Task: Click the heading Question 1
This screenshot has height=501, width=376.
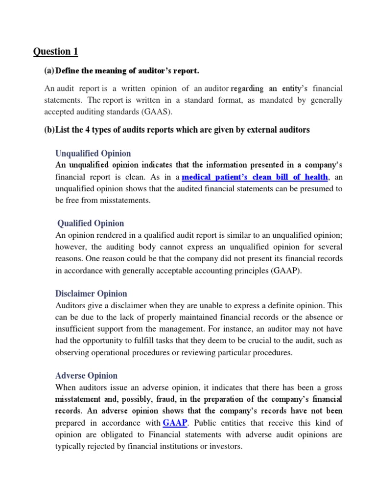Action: tap(55, 51)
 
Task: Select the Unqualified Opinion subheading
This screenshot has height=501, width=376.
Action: tap(93, 153)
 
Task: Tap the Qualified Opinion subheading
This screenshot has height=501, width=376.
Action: tap(91, 223)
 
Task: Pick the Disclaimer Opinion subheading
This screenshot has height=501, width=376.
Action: tap(91, 294)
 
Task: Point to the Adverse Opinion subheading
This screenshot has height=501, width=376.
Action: tap(87, 376)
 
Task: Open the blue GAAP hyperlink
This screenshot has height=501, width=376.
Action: tap(175, 422)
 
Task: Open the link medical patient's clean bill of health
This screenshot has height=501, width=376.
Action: tap(255, 176)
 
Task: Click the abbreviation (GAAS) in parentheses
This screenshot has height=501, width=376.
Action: tap(157, 111)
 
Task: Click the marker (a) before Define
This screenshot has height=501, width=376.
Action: tap(49, 71)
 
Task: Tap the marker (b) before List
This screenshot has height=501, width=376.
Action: tap(49, 130)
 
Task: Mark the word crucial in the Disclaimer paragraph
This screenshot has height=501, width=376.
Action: tap(255, 341)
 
